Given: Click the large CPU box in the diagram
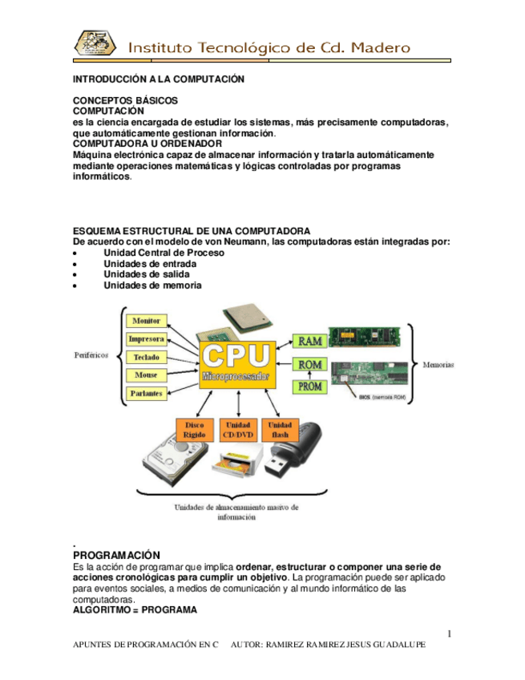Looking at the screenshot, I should (x=237, y=365).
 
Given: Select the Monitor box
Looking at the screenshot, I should (x=147, y=321).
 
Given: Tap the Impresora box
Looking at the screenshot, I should (x=147, y=339).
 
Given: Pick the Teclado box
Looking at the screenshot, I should (x=147, y=358).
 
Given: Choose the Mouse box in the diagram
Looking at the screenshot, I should (x=147, y=375).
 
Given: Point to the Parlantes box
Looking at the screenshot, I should (x=147, y=394).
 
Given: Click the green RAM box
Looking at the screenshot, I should (x=309, y=341).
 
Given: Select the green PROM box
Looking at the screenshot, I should (x=309, y=387).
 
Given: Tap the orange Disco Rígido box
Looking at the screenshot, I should (x=194, y=430).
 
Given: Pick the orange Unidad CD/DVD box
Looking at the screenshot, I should (x=238, y=430).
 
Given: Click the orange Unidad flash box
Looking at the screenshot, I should (x=281, y=430).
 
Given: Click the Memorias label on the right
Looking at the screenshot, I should (x=438, y=364).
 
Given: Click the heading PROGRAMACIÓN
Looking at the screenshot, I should (x=116, y=555).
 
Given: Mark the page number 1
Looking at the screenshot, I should (x=450, y=634).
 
